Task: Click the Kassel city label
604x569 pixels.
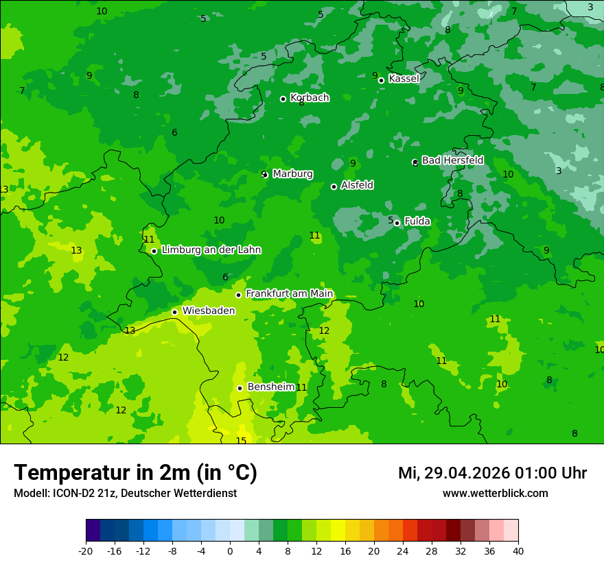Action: (404, 79)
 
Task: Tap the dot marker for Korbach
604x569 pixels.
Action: (283, 99)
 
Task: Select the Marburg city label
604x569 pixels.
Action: (292, 174)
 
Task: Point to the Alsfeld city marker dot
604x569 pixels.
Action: (334, 186)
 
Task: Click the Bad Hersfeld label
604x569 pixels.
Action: (452, 160)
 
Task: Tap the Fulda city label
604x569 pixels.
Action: (417, 221)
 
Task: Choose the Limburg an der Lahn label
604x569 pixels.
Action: (211, 250)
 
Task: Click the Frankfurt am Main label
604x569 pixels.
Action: (289, 293)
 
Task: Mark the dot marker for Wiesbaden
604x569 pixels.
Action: (175, 312)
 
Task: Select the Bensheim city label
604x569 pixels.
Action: (270, 387)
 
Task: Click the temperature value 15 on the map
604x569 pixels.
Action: (241, 441)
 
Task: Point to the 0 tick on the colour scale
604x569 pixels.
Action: (230, 551)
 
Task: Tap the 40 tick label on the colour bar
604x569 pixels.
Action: (518, 551)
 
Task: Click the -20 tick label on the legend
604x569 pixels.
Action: (86, 551)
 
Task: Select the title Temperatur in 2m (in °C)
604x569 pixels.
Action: (135, 472)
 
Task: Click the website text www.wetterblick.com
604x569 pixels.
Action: (495, 494)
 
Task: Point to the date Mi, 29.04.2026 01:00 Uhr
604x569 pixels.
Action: (492, 473)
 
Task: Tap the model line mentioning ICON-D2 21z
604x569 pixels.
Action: (125, 494)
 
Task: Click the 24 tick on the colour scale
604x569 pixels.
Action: (403, 551)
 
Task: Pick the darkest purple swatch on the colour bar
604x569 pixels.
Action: (93, 531)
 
